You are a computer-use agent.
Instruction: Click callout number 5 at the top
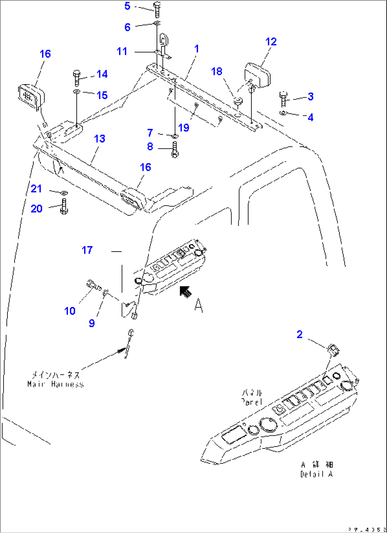point(127,6)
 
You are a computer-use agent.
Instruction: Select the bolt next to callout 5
point(157,10)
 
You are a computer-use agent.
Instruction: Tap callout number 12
point(271,42)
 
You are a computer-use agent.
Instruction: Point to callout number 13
point(100,139)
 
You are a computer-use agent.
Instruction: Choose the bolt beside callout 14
point(77,78)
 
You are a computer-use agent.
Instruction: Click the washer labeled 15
point(77,92)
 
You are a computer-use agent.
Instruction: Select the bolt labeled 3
point(283,99)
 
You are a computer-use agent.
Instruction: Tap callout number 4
point(311,117)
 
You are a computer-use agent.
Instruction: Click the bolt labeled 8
point(175,150)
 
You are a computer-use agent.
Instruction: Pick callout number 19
point(184,128)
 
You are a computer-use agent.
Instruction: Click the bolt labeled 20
point(64,206)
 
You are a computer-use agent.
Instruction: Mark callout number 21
point(36,189)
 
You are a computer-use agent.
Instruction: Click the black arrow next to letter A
point(185,292)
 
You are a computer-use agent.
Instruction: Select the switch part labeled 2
point(334,350)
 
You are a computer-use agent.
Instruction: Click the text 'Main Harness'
point(56,384)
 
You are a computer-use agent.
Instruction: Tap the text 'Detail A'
point(316,474)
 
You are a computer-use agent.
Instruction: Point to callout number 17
point(87,250)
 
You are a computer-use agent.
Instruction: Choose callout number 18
point(217,71)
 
